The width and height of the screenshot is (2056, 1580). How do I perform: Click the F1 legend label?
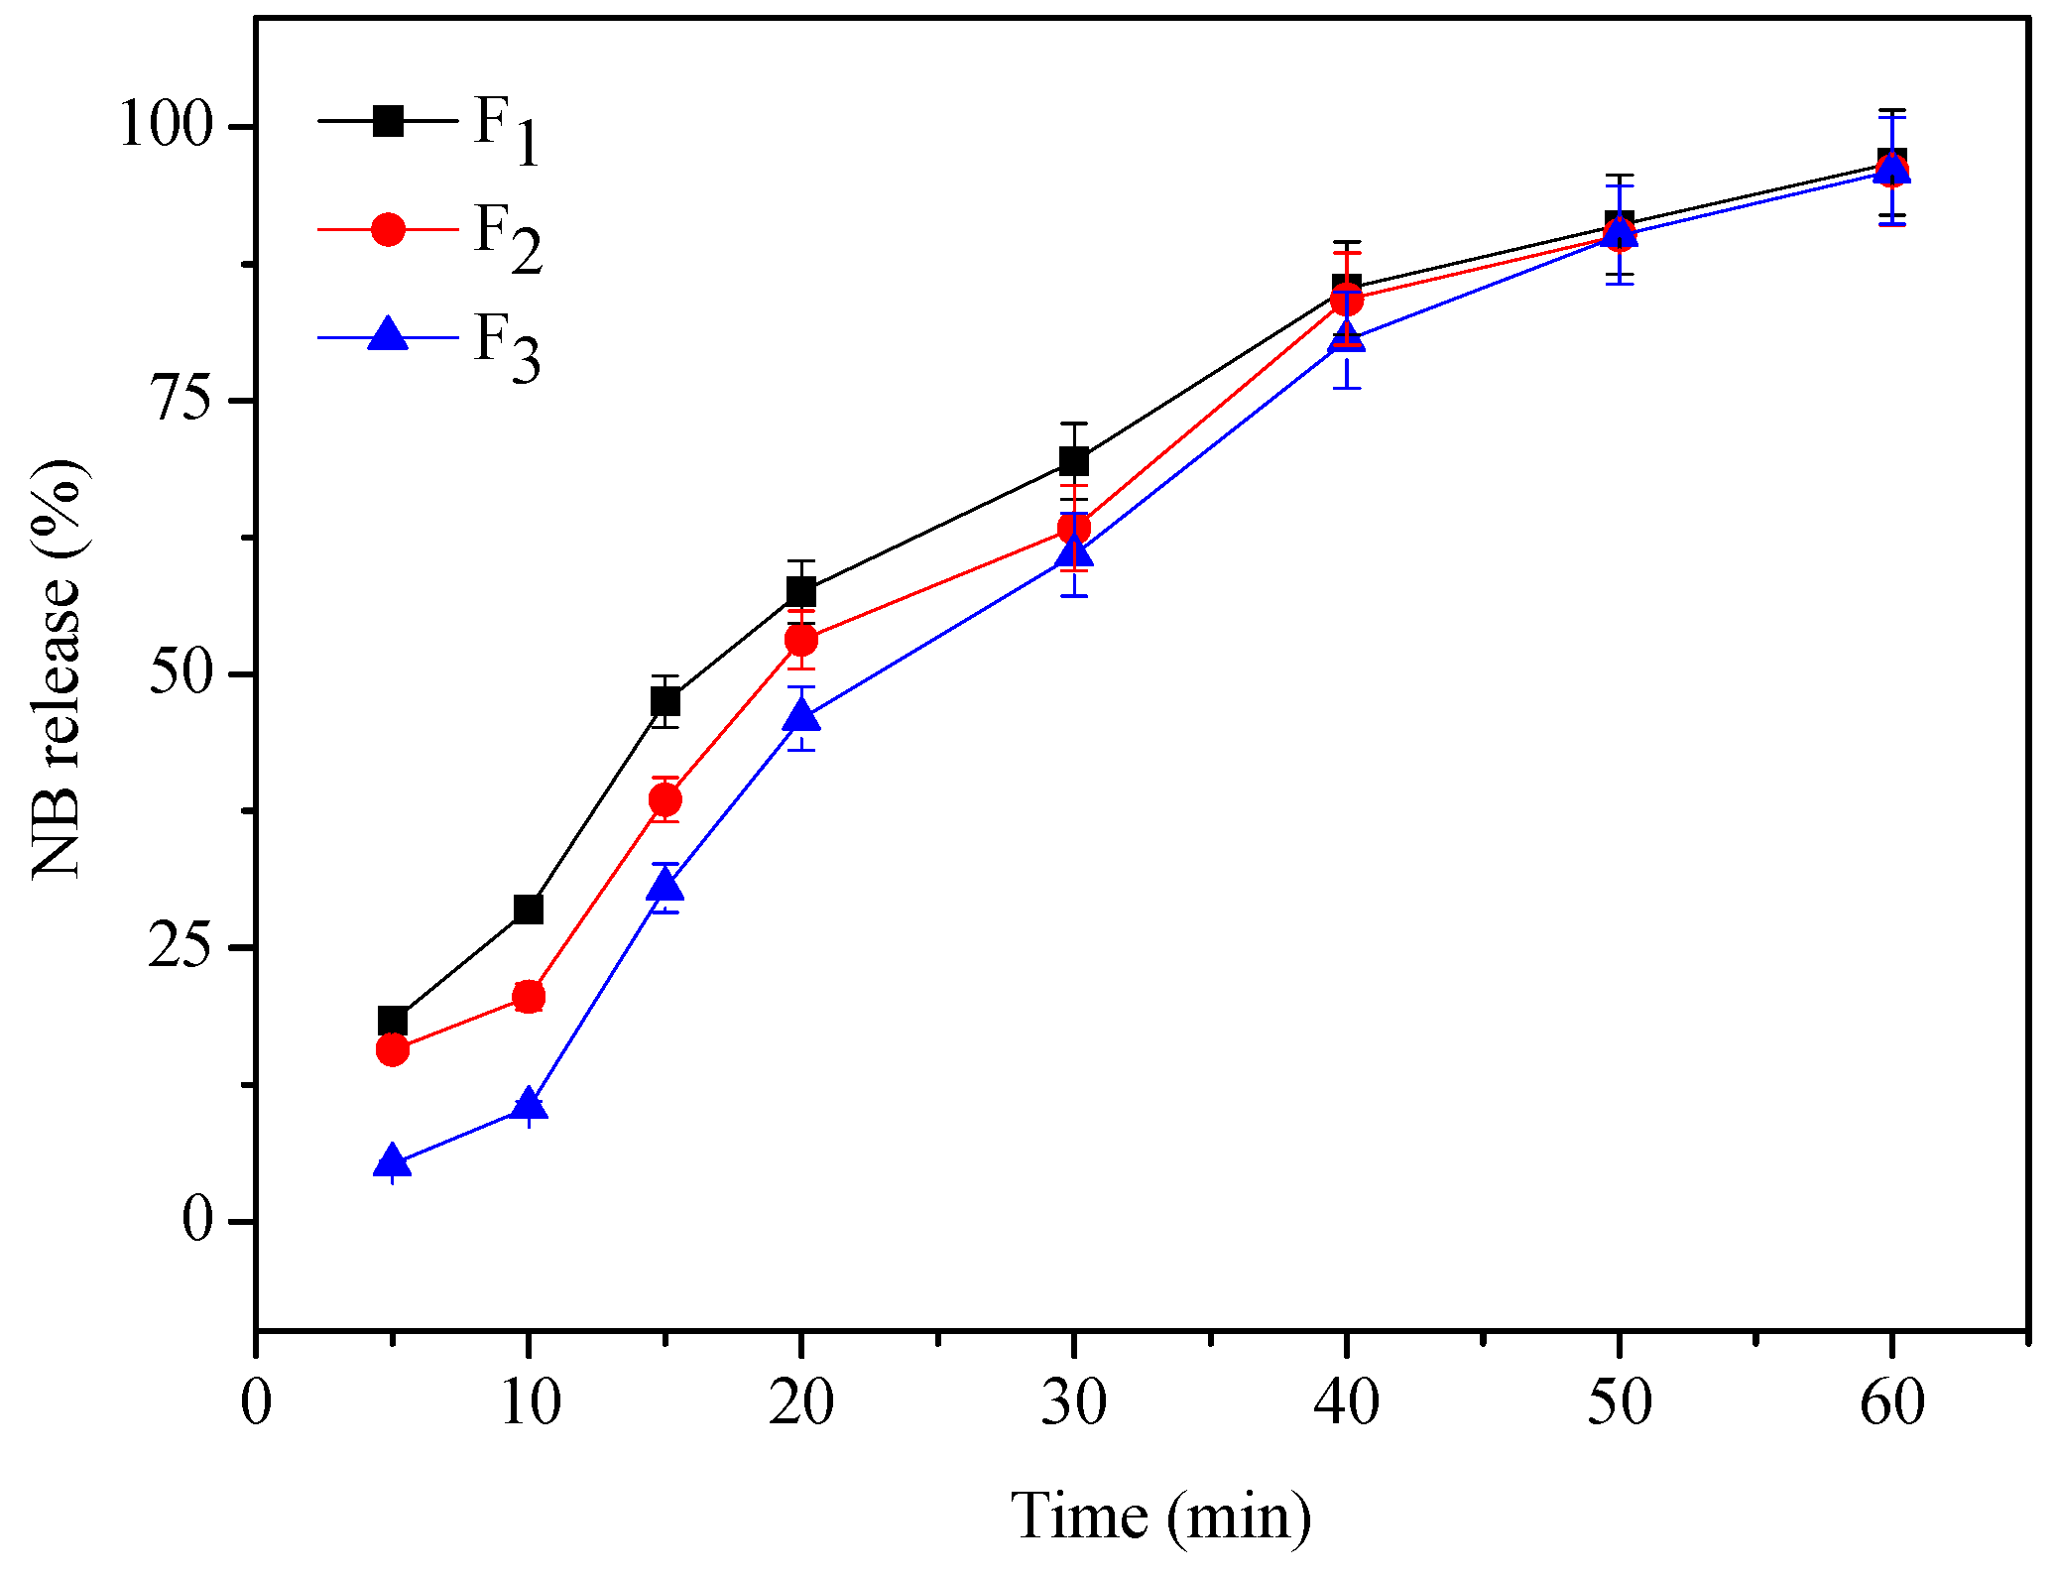506,129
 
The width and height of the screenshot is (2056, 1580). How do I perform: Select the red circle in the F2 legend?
388,229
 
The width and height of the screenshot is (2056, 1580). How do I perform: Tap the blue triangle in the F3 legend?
388,334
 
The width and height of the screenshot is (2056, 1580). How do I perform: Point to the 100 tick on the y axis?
166,126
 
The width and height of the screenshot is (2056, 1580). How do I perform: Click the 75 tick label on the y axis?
181,400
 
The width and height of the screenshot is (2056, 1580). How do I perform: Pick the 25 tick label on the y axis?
181,947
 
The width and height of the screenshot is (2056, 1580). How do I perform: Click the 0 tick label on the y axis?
197,1220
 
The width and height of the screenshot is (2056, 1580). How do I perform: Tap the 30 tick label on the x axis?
1073,1402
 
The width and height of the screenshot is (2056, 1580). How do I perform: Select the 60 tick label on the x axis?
1891,1402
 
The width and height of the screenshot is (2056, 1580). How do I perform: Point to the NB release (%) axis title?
58,669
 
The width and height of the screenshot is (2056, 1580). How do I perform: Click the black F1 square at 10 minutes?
529,909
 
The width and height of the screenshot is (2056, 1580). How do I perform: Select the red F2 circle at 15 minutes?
665,799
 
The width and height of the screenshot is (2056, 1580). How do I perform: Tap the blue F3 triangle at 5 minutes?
392,1160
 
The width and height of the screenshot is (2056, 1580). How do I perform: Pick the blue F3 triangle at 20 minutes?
801,715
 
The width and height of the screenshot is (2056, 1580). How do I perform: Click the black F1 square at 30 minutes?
1074,461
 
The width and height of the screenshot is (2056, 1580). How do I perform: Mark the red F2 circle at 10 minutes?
529,996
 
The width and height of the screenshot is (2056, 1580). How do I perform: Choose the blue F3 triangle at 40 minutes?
1347,337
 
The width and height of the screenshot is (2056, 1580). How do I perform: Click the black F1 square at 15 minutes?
665,702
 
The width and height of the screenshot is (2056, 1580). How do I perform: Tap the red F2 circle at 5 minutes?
392,1049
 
